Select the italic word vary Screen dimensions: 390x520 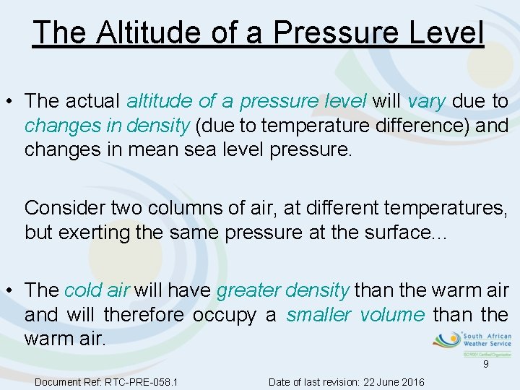pyautogui.click(x=427, y=101)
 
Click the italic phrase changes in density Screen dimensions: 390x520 pyautogui.click(x=107, y=126)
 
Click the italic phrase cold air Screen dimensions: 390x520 pyautogui.click(x=97, y=290)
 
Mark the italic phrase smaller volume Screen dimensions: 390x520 pyautogui.click(x=355, y=315)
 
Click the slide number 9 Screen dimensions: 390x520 pyautogui.click(x=486, y=365)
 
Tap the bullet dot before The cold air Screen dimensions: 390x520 pyautogui.click(x=10, y=290)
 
